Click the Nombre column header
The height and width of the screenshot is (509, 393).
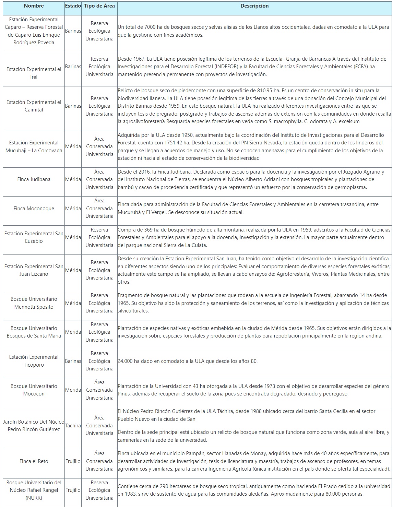pos(34,6)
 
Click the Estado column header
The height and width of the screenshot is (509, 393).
pos(73,6)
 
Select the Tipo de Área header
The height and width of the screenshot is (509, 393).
pos(99,6)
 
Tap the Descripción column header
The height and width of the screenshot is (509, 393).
pos(254,6)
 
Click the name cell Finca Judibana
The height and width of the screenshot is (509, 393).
pos(34,179)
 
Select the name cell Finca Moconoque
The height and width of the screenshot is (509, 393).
pos(34,208)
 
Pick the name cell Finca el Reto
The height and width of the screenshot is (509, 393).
pos(34,461)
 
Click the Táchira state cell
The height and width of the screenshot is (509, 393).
pos(73,426)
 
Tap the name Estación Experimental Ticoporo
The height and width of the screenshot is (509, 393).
pos(34,361)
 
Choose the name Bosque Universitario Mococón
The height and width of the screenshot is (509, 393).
pos(34,390)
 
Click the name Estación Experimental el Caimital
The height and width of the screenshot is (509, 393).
pos(34,106)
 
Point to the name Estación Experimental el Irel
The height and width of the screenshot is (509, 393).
pos(34,73)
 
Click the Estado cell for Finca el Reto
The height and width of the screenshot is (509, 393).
pos(73,461)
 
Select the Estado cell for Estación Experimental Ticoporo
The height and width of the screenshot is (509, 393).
pos(73,361)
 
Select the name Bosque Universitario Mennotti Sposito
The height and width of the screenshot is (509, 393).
pos(34,303)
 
